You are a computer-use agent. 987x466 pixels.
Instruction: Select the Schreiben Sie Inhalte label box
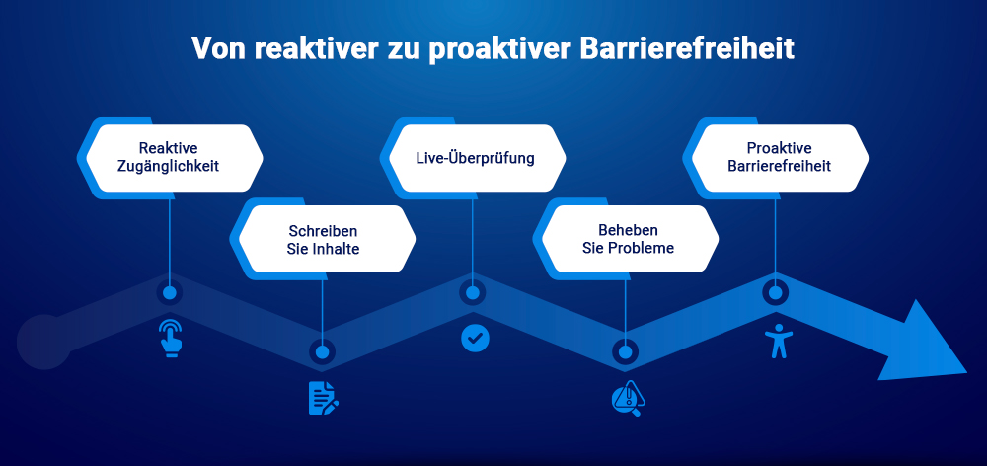[323, 239]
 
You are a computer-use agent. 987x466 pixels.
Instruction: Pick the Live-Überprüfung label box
[474, 158]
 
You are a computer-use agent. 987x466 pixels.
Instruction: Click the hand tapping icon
[172, 338]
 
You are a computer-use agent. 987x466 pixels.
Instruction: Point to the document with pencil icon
[323, 397]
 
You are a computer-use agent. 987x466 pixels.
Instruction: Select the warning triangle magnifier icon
[627, 398]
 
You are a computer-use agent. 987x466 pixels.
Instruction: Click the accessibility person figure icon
[778, 340]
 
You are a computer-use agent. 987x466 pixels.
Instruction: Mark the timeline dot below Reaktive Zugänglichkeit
[170, 293]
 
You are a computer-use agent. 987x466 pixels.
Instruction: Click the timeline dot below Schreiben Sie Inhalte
[322, 350]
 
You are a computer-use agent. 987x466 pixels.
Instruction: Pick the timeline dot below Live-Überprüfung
[473, 293]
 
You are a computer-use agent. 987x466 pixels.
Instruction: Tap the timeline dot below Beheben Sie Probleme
[624, 350]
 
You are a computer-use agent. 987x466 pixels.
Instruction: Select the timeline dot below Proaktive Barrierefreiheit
[776, 293]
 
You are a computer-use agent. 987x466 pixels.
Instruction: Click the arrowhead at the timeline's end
[923, 342]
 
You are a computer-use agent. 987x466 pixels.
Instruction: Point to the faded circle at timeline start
[41, 342]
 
